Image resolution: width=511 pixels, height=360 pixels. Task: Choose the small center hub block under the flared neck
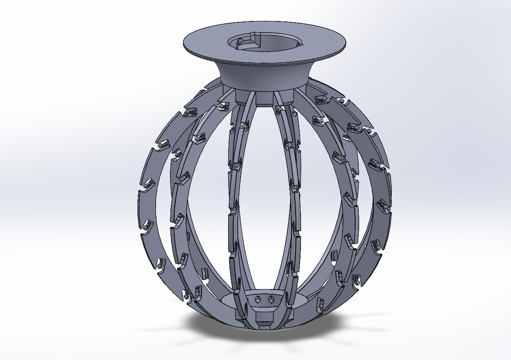pyautogui.click(x=264, y=98)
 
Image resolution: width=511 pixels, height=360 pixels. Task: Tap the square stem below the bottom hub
pyautogui.click(x=264, y=320)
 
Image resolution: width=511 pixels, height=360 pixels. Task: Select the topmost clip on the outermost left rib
pyautogui.click(x=189, y=113)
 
